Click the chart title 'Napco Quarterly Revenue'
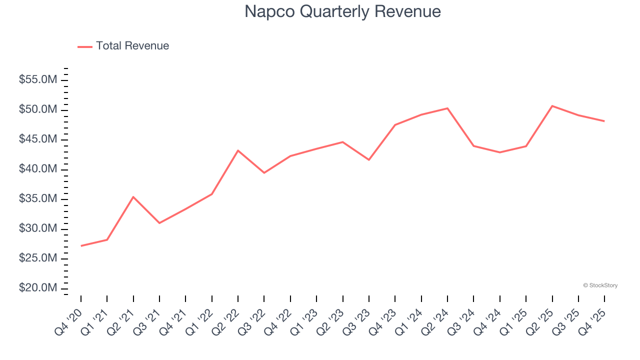coord(342,11)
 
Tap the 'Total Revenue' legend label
coord(132,46)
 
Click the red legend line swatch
coord(85,46)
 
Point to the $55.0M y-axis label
coord(38,80)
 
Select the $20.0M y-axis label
coord(38,288)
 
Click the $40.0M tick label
coord(38,169)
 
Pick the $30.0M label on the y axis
coord(38,229)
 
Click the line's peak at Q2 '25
coord(552,106)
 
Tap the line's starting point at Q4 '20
coord(81,245)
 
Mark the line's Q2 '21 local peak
coord(133,197)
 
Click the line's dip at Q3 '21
coord(159,222)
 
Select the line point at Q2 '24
coord(447,108)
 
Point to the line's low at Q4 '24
coord(499,152)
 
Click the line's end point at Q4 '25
coord(604,121)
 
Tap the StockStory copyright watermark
coord(600,285)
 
